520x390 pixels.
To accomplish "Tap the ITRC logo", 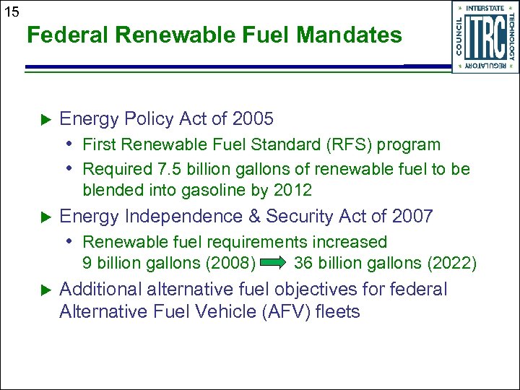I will pyautogui.click(x=485, y=35).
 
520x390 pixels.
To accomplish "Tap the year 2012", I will pyautogui.click(x=292, y=190).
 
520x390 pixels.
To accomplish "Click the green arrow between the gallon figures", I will pyautogui.click(x=274, y=263).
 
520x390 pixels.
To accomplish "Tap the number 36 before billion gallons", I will pyautogui.click(x=303, y=263).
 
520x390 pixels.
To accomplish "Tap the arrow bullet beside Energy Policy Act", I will pyautogui.click(x=43, y=119).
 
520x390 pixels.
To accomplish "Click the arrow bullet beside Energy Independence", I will pyautogui.click(x=43, y=217).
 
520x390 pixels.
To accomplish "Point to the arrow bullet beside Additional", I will pyautogui.click(x=43, y=290).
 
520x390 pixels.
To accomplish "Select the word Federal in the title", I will pyautogui.click(x=62, y=35).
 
